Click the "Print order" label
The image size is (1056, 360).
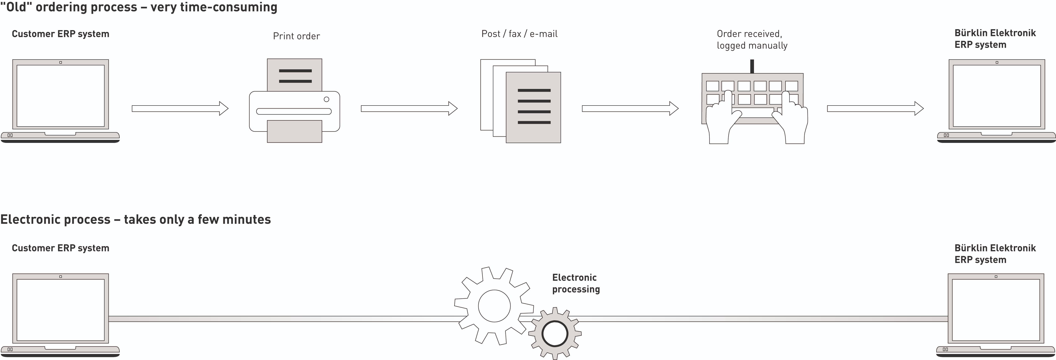click(x=296, y=36)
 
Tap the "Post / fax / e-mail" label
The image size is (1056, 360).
click(x=519, y=34)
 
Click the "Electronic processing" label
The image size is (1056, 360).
click(x=575, y=283)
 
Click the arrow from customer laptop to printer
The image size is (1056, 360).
click(x=179, y=109)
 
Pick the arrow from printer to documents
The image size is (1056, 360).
click(x=409, y=109)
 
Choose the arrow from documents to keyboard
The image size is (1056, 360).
click(x=630, y=109)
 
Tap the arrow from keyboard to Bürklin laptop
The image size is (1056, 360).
click(x=875, y=109)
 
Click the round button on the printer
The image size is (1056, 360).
click(x=326, y=99)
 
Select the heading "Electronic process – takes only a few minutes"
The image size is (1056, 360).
click(x=135, y=219)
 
